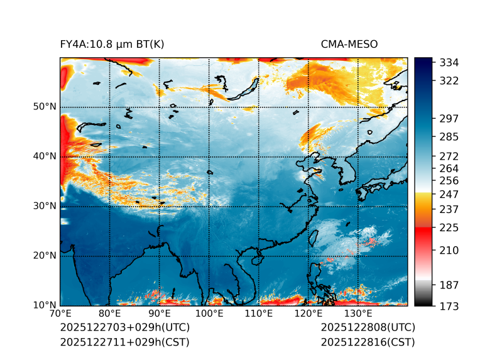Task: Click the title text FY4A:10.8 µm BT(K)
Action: point(112,44)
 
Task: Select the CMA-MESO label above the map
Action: point(349,44)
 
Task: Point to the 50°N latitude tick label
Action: point(45,107)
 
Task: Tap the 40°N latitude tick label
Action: point(45,156)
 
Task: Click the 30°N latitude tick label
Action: point(45,206)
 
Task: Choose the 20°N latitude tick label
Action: point(45,256)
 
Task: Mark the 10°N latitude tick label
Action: point(45,305)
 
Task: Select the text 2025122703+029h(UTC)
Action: point(124,328)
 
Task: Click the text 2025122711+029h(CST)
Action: point(124,342)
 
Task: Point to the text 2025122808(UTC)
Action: point(368,328)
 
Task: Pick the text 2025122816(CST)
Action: point(368,342)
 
